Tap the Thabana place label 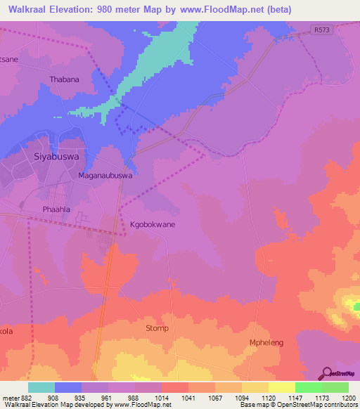tap(64, 79)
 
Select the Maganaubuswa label tap(105, 176)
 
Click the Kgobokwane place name tap(153, 224)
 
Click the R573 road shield tap(321, 30)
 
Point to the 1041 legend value tap(188, 397)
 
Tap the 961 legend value tap(108, 397)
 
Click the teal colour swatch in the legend tap(41, 387)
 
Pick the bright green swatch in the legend tap(309, 387)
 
